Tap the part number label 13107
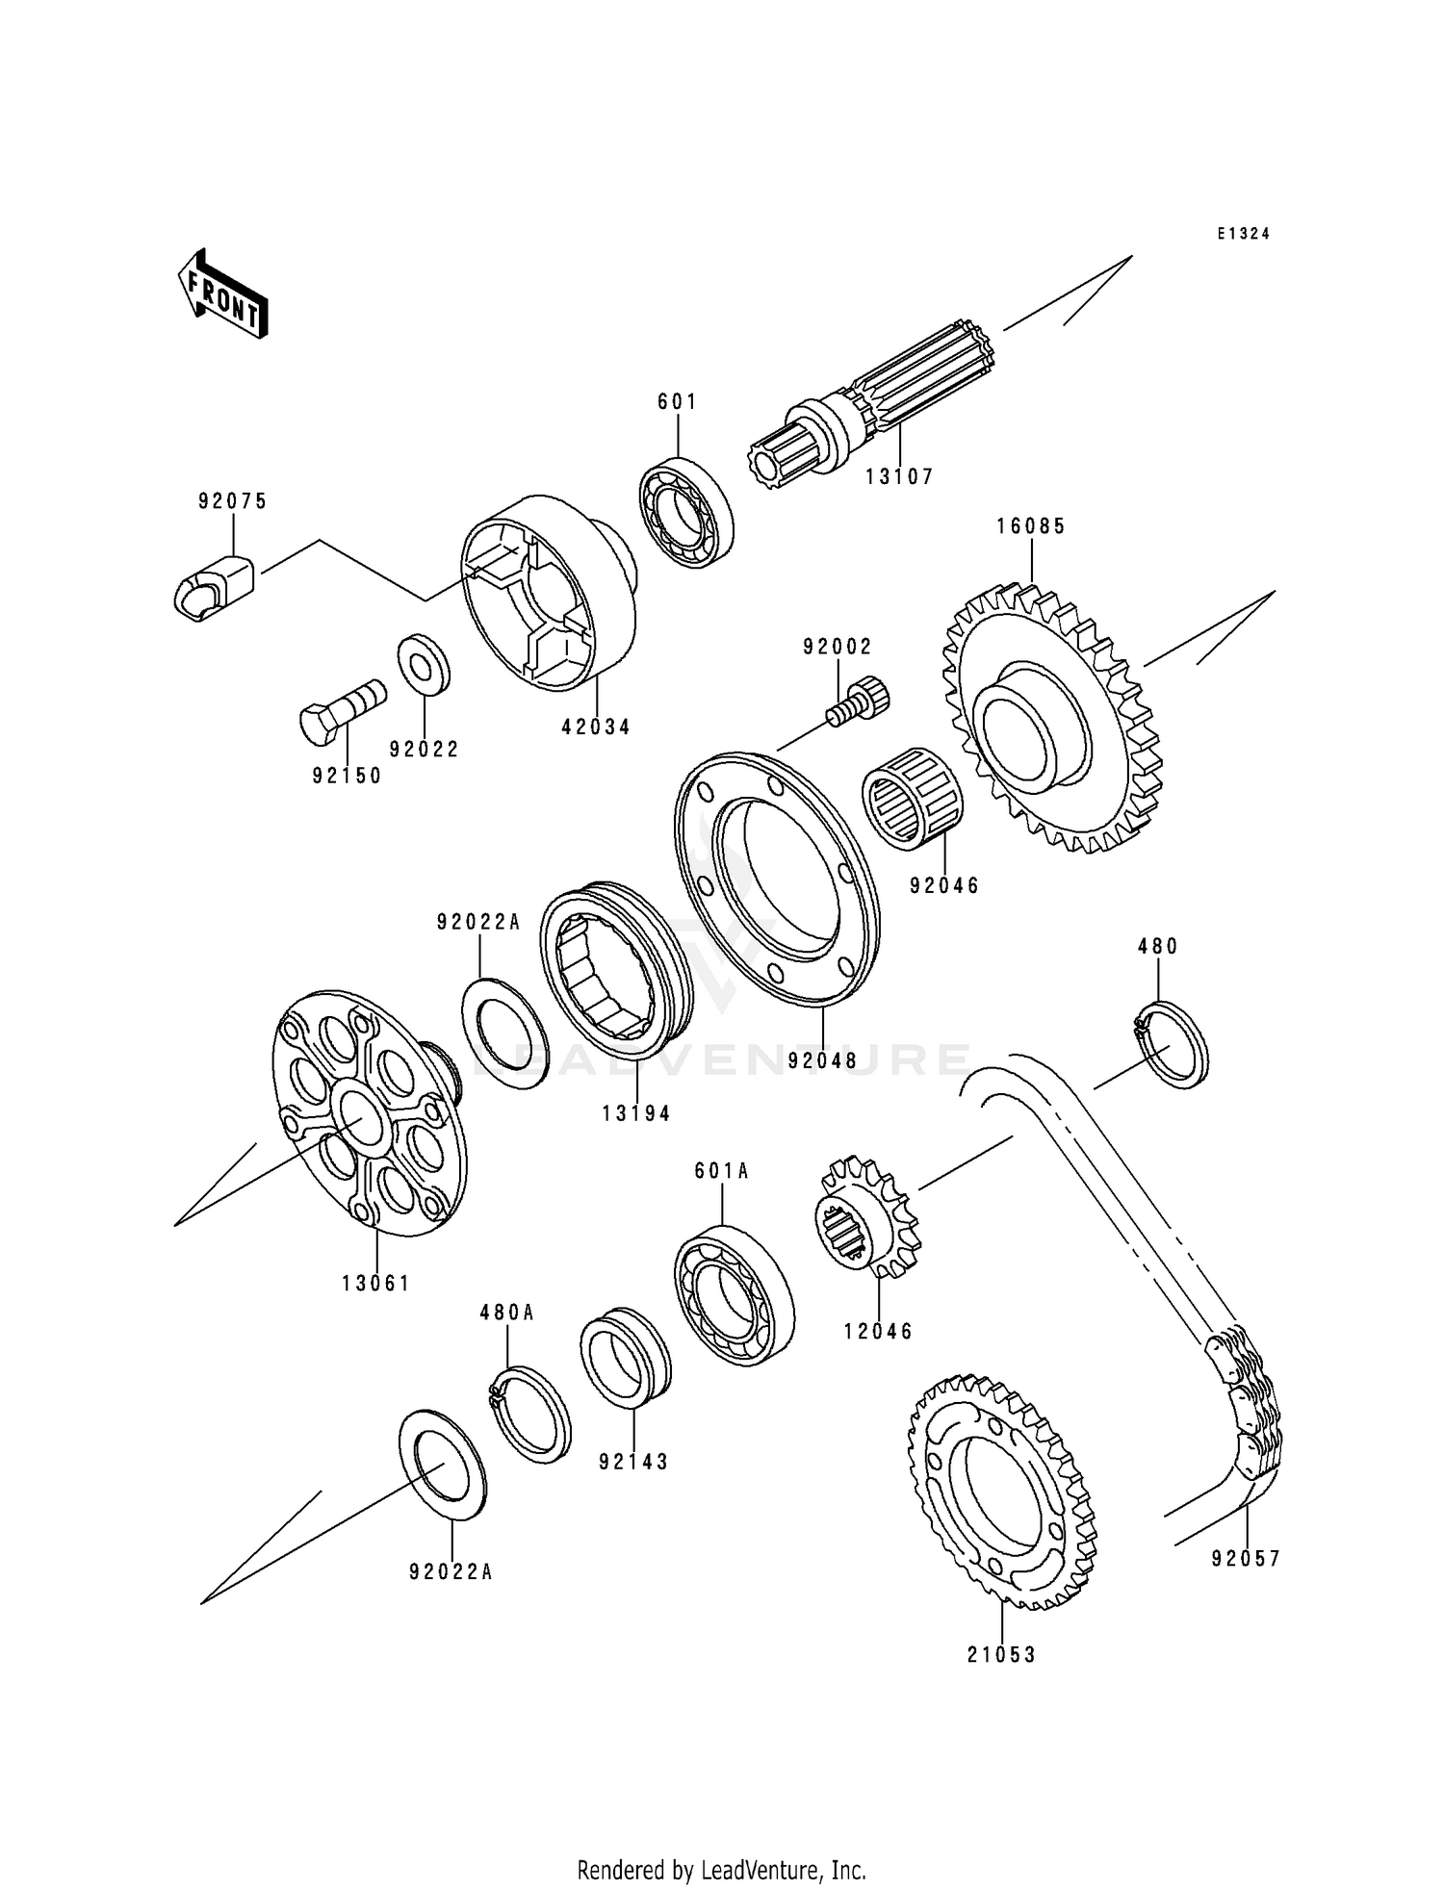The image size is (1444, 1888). [x=898, y=476]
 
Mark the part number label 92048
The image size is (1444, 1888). [x=822, y=1061]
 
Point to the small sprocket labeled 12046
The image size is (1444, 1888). [x=869, y=1219]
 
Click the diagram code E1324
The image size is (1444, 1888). [x=1243, y=234]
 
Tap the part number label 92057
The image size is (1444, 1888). [x=1246, y=1559]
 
